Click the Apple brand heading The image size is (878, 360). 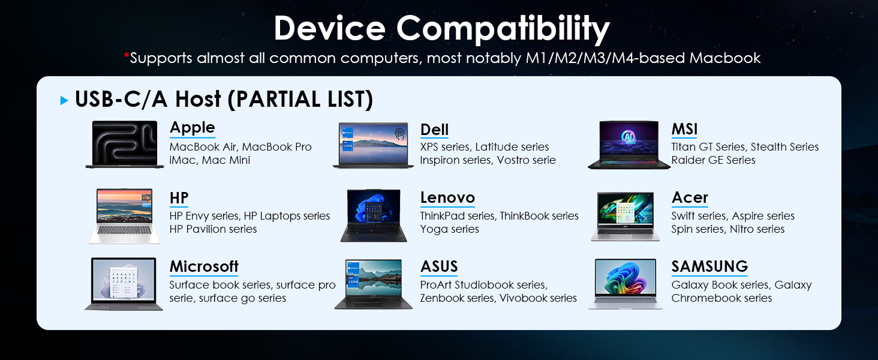192,128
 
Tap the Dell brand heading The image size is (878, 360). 434,130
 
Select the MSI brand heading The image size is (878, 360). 684,130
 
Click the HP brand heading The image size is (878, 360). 179,198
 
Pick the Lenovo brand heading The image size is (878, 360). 447,197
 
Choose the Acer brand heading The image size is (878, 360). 690,197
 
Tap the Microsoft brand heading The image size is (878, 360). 204,266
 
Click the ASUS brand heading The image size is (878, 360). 439,266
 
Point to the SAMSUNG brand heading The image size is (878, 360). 709,266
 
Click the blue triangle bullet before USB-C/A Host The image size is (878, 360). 64,100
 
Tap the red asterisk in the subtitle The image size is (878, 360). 126,56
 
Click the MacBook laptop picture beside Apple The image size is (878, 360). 125,145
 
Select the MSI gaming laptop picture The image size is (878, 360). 629,145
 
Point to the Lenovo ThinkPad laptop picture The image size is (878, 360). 374,215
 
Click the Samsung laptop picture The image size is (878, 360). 626,284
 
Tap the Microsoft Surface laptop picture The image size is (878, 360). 124,284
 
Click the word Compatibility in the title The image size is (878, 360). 503,28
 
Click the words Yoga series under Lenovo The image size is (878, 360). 450,229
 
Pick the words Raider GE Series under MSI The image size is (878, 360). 714,160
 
